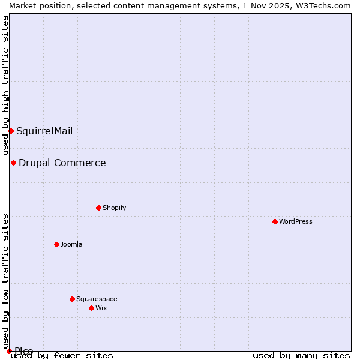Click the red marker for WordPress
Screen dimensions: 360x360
pos(275,221)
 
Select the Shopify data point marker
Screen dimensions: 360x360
pos(98,208)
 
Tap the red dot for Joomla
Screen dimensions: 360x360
pos(56,244)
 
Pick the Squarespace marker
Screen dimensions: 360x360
pos(72,299)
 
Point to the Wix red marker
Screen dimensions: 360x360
pos(91,308)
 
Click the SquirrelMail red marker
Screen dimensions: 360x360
pos(11,131)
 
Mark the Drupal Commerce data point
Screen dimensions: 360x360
pos(13,163)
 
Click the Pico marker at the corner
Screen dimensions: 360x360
pos(9,351)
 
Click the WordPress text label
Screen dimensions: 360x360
pos(296,221)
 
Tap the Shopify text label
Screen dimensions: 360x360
pos(115,208)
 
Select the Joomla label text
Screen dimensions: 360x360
pos(71,244)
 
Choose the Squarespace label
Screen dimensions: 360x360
pos(97,299)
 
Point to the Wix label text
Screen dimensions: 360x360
pos(101,308)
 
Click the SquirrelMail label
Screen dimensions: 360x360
pos(44,131)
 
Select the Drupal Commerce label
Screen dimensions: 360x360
pos(62,163)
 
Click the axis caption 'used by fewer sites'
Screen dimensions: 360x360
pos(62,355)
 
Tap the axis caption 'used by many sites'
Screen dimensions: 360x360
pos(301,355)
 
